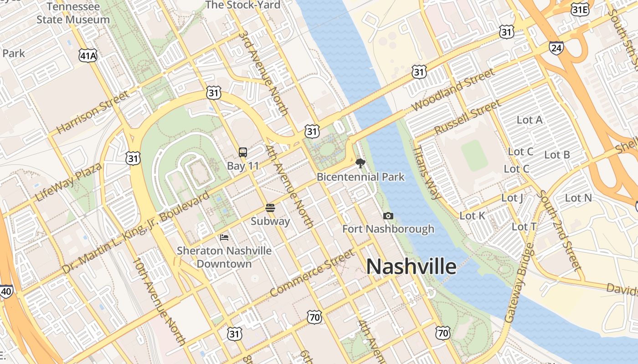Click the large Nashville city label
click(x=411, y=267)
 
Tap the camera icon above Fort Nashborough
click(x=388, y=216)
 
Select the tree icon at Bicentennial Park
click(x=360, y=163)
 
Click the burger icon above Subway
click(x=270, y=208)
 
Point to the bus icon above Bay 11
click(x=243, y=152)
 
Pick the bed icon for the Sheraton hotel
click(x=224, y=237)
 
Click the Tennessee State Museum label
click(x=73, y=13)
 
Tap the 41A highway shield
click(x=88, y=56)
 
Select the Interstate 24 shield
click(x=556, y=47)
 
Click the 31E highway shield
click(x=580, y=10)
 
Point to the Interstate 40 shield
click(x=6, y=292)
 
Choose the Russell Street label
click(x=467, y=117)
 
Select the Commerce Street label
click(x=312, y=273)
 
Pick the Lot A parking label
click(x=530, y=120)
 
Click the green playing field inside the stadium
click(x=474, y=155)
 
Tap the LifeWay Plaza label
click(x=68, y=182)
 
